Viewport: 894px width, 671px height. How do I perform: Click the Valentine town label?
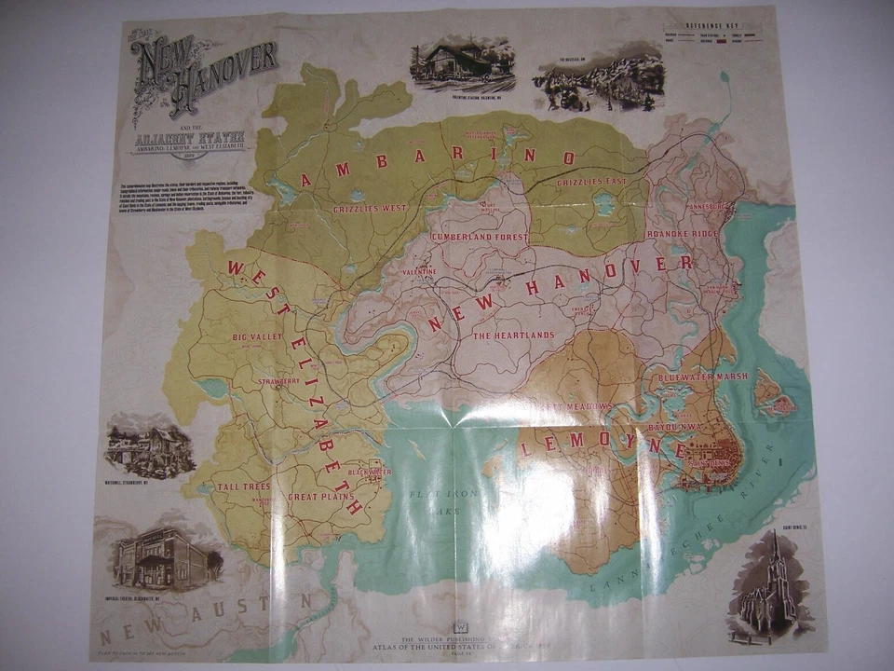420,271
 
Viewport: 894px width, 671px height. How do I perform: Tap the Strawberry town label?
279,381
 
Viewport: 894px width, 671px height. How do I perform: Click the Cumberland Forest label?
480,238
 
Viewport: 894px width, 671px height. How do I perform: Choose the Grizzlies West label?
370,208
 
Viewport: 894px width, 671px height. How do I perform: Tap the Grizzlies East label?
592,183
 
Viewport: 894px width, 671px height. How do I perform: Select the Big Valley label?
257,336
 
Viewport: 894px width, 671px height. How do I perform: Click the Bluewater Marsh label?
703,377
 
